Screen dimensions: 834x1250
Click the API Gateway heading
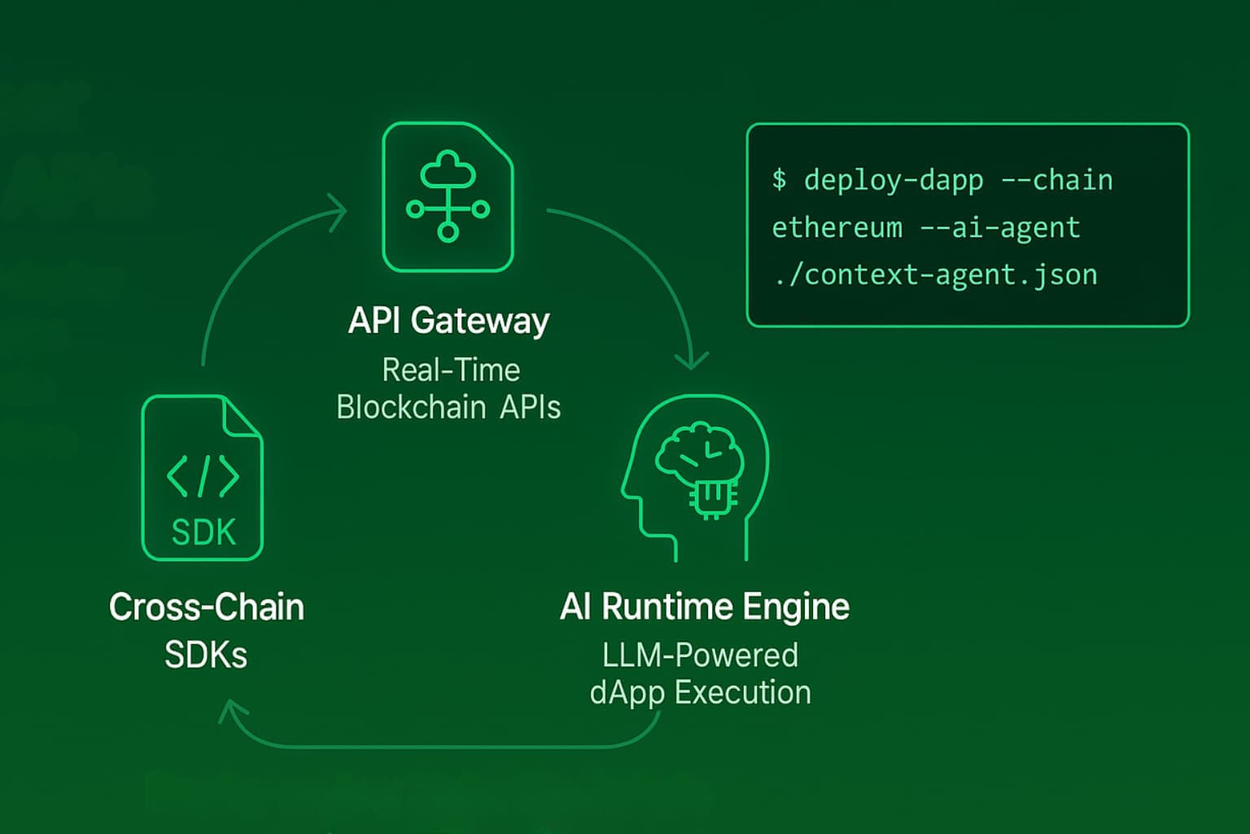pyautogui.click(x=448, y=321)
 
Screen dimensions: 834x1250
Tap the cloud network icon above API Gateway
pyautogui.click(x=448, y=196)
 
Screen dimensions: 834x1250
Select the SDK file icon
pyautogui.click(x=202, y=478)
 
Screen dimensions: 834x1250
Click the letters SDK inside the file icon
pyautogui.click(x=203, y=533)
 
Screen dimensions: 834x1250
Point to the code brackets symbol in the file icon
pyautogui.click(x=203, y=476)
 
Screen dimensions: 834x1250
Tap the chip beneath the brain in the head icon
pyautogui.click(x=713, y=498)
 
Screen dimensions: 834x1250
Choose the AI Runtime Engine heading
pyautogui.click(x=705, y=608)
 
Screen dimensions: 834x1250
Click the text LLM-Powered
pyautogui.click(x=700, y=656)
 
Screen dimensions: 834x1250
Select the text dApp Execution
pyautogui.click(x=700, y=693)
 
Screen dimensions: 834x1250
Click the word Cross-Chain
pyautogui.click(x=207, y=608)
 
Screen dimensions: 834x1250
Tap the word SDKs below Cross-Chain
pyautogui.click(x=206, y=655)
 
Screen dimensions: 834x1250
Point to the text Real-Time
pyautogui.click(x=451, y=371)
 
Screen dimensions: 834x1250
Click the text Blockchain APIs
pyautogui.click(x=448, y=407)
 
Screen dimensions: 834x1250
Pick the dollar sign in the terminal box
pyautogui.click(x=779, y=179)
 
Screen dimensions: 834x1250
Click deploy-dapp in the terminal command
pyautogui.click(x=894, y=180)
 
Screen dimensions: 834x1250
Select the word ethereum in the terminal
pyautogui.click(x=837, y=228)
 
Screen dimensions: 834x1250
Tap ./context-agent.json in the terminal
pyautogui.click(x=934, y=275)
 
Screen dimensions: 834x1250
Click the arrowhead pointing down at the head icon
pyautogui.click(x=692, y=360)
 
